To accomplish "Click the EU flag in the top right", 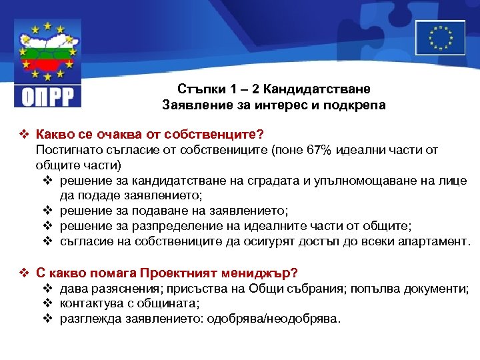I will (440, 37).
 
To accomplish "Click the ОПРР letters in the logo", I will (47, 95).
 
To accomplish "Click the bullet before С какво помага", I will (25, 273).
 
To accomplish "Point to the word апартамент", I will (433, 241).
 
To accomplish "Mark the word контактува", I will (90, 303).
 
